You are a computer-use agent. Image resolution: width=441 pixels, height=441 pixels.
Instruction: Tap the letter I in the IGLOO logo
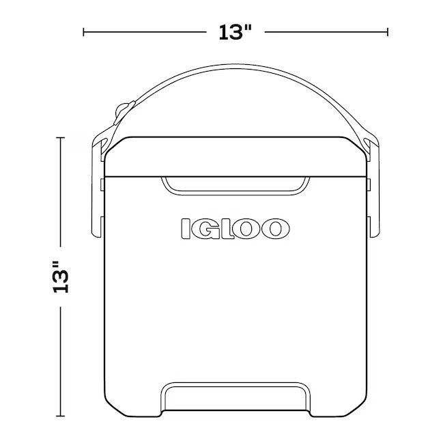point(185,229)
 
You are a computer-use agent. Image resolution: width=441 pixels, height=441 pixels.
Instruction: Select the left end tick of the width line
point(84,31)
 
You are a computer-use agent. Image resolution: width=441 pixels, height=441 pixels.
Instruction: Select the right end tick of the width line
point(388,31)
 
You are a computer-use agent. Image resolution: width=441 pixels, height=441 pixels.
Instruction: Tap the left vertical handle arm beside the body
point(96,205)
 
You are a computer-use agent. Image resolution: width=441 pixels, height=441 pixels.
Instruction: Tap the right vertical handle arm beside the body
point(373,205)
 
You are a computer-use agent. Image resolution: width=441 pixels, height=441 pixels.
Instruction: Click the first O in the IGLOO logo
point(248,229)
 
